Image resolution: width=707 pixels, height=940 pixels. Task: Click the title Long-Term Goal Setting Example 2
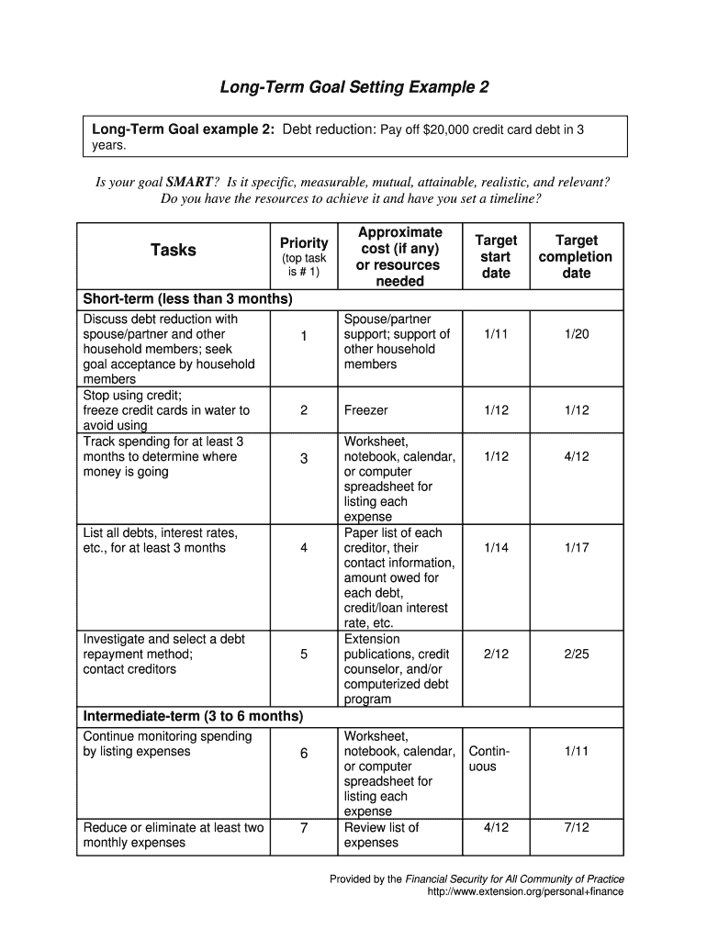pos(353,88)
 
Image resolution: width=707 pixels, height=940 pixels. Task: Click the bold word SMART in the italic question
pos(189,182)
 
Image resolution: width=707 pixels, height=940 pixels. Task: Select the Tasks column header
pos(173,250)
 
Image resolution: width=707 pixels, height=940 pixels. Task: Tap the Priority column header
pos(304,243)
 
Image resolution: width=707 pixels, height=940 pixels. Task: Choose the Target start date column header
pos(495,256)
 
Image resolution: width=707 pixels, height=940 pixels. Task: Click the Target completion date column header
pos(577,256)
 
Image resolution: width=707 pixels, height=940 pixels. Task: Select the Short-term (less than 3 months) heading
pos(188,299)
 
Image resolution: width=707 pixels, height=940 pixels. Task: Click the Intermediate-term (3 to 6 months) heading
pos(193,716)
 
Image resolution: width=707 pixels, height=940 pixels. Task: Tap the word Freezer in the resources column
pos(366,410)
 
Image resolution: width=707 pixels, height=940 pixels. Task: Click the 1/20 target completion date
pos(577,335)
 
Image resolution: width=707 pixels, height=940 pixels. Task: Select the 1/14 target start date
pos(495,548)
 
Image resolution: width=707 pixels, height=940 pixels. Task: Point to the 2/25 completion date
pos(577,655)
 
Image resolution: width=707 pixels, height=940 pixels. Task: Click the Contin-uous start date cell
pos(488,759)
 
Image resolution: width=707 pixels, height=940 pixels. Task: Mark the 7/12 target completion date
pos(577,827)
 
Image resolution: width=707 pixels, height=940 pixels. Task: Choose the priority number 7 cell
pos(304,828)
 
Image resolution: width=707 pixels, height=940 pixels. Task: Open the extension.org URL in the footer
pos(525,891)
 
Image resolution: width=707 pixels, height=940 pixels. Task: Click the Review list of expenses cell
pos(381,834)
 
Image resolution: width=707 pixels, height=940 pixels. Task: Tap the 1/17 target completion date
pos(577,548)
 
